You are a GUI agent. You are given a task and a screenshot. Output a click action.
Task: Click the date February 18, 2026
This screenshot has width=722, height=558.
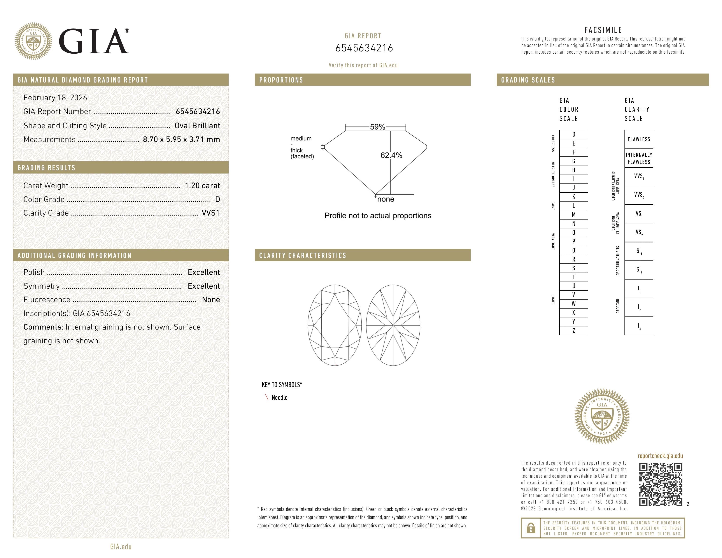pos(55,98)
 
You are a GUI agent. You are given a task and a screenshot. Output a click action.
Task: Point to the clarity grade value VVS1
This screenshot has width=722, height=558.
pos(210,213)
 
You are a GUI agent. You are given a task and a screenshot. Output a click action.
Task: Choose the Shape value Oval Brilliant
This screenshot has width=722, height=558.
pos(197,126)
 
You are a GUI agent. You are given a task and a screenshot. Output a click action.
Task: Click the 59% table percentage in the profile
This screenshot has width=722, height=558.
pos(377,127)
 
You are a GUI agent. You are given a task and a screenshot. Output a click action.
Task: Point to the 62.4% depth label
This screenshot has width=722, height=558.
pos(391,155)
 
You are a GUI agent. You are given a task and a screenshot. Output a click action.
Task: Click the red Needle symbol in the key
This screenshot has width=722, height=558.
pos(266,397)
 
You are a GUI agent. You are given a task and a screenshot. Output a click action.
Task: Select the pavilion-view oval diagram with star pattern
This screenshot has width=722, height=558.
pos(393,325)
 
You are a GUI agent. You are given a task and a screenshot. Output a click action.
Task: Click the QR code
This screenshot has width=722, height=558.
pos(660,484)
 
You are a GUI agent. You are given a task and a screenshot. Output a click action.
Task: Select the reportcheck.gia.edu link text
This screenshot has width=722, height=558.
pos(660,456)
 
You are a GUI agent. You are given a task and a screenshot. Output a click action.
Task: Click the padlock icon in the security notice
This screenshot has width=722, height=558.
pos(531,528)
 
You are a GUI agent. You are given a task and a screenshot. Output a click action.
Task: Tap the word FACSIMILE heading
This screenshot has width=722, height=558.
pos(603,30)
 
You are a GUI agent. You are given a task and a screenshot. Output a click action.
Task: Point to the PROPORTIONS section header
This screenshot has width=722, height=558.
pos(281,80)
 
